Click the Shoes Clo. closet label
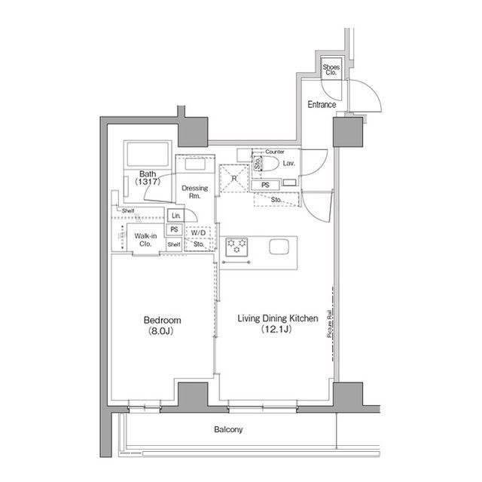[331, 70]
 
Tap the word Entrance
[322, 104]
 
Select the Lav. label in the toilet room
[289, 163]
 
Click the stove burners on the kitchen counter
[237, 245]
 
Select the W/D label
[197, 232]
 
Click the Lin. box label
[174, 216]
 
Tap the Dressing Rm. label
[195, 192]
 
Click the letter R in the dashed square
[234, 179]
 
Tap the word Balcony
[228, 429]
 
